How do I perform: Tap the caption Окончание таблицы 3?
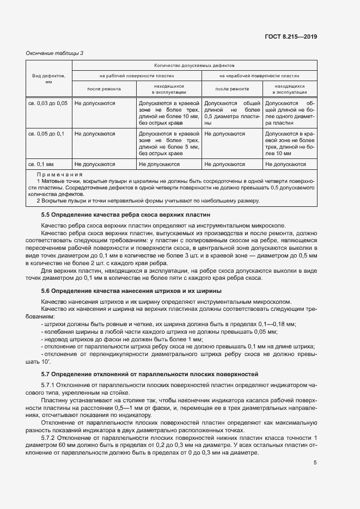click(x=55, y=53)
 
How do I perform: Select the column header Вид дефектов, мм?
click(x=48, y=79)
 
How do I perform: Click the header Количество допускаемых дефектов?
click(x=194, y=65)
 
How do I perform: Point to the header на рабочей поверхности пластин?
click(x=136, y=77)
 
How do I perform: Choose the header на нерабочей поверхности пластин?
click(x=259, y=77)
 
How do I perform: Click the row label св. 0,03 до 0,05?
click(x=48, y=103)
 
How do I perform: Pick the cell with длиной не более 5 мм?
click(x=169, y=147)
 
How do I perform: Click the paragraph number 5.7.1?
click(x=50, y=385)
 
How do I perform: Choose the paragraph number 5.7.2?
click(x=50, y=438)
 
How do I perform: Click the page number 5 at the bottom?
click(x=315, y=463)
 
